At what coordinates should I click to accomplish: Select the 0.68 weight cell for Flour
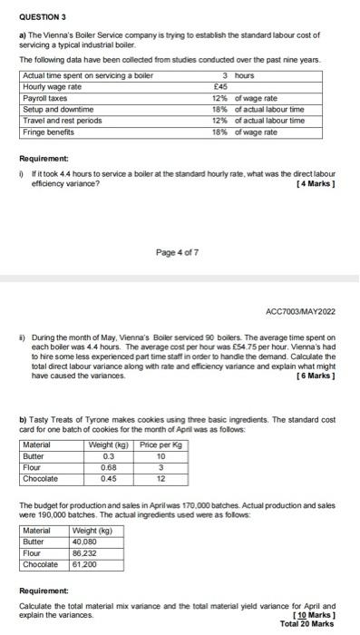109,468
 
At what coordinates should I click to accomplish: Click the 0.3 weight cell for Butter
109,456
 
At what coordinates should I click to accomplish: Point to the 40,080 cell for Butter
86,542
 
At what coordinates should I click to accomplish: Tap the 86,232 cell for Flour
86,552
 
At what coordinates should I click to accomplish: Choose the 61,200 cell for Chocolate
86,564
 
